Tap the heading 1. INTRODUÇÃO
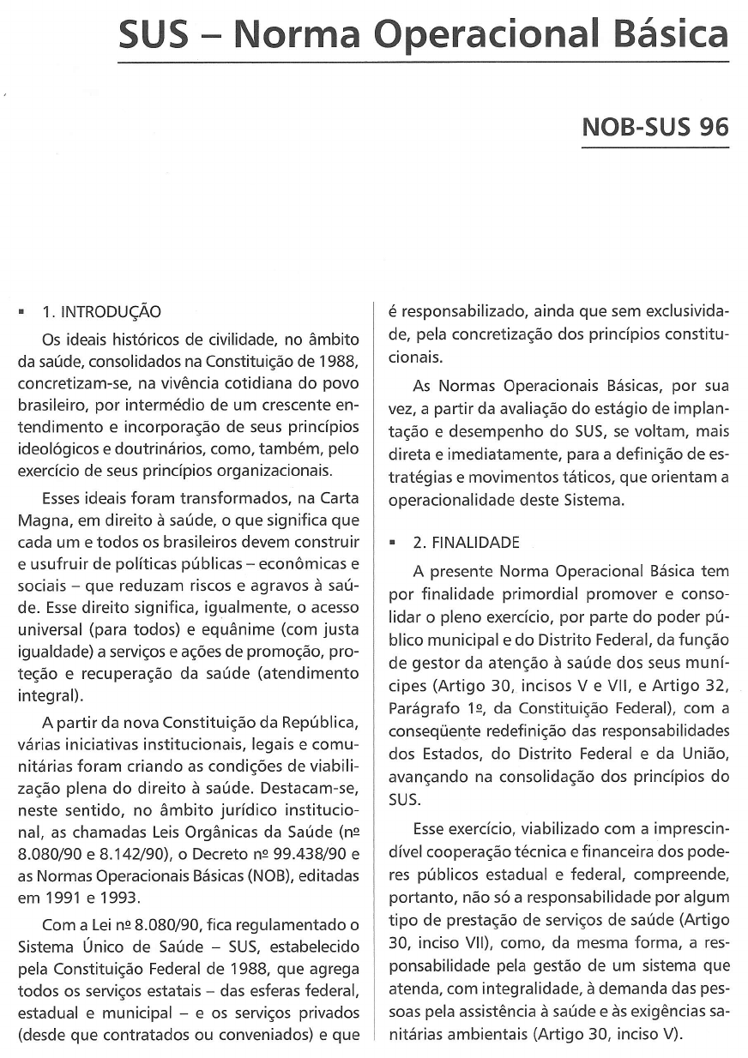click(101, 311)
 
